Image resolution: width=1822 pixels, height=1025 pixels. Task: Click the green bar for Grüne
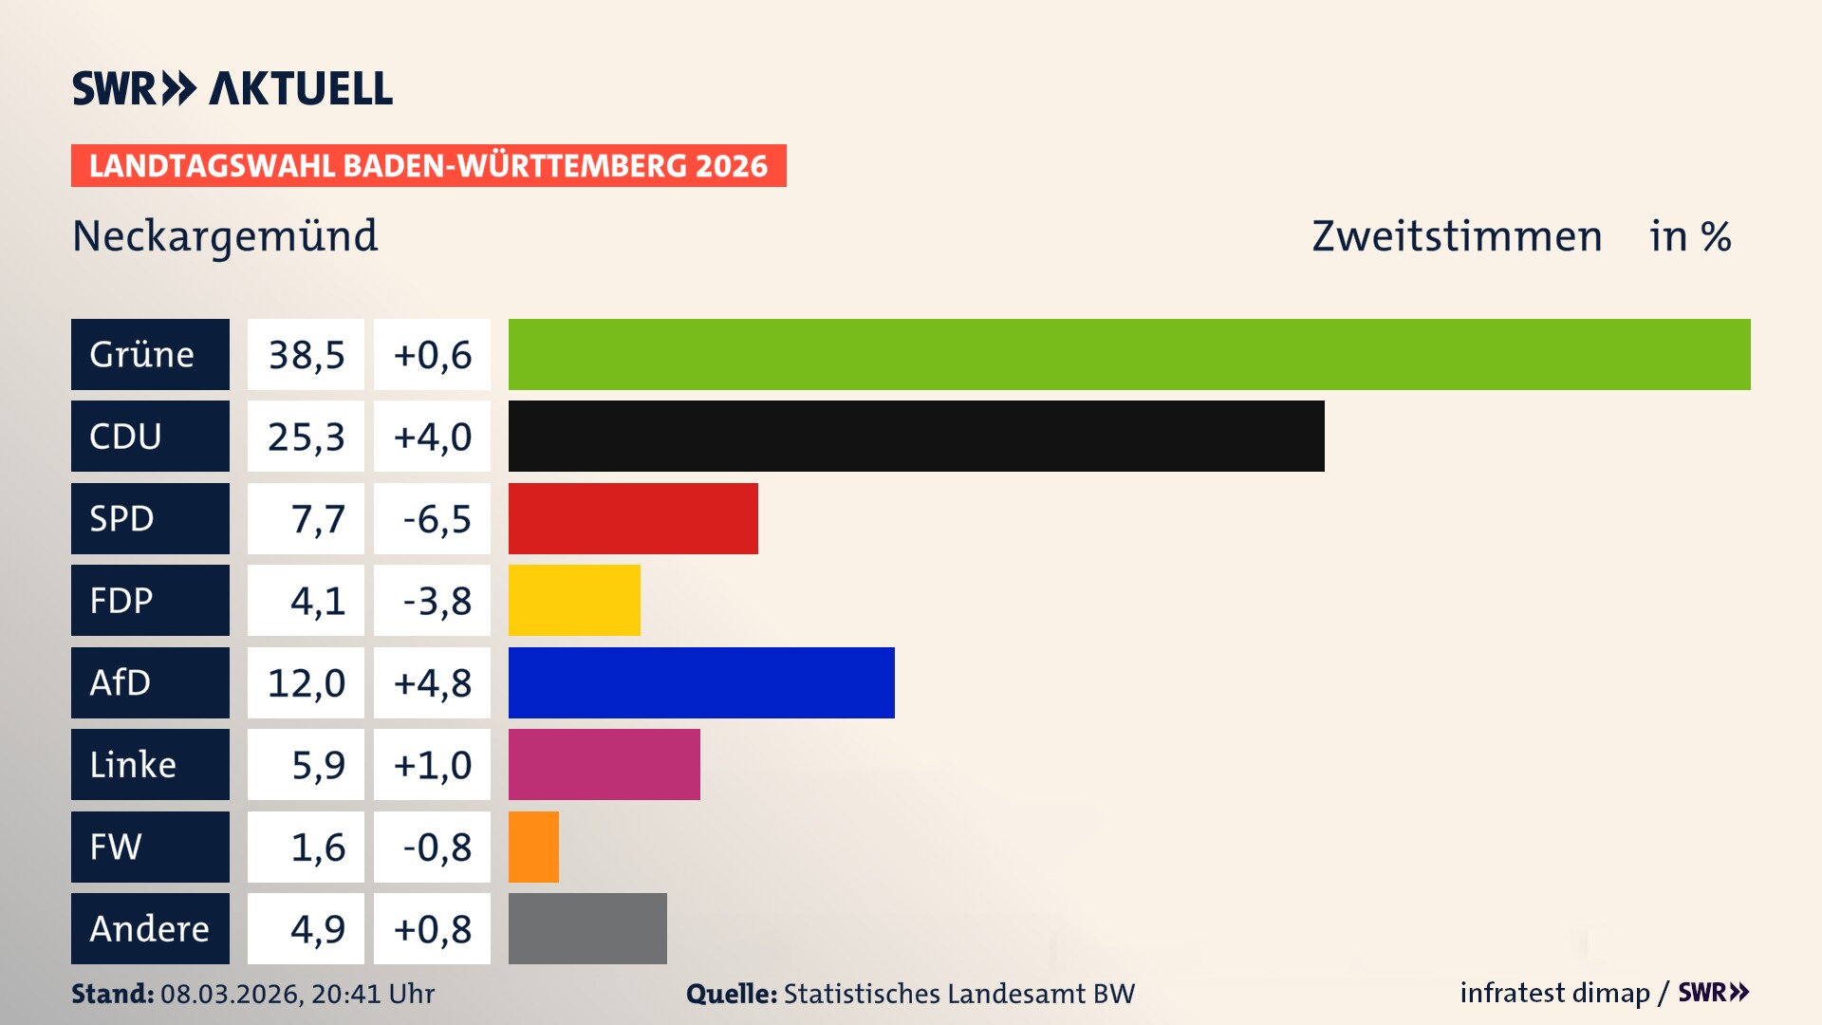tap(1129, 354)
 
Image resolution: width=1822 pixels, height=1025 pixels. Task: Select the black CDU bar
tap(916, 436)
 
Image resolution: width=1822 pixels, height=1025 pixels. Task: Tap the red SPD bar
tap(633, 518)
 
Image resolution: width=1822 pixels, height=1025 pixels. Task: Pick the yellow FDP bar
tap(574, 600)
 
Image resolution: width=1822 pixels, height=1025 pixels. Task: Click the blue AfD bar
tap(701, 682)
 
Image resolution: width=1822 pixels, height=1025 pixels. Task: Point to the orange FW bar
tap(533, 847)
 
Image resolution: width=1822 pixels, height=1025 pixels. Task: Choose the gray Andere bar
tap(587, 928)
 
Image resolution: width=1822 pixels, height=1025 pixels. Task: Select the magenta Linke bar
tap(604, 764)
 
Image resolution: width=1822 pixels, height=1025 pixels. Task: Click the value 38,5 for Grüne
tap(306, 355)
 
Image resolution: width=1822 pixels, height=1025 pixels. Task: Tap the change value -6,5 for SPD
tap(436, 519)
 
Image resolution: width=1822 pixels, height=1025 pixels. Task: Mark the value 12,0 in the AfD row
tap(306, 683)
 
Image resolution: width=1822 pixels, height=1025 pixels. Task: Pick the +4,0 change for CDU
tap(432, 437)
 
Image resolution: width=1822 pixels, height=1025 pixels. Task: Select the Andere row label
tap(150, 928)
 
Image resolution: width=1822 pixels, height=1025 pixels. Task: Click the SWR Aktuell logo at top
tap(232, 88)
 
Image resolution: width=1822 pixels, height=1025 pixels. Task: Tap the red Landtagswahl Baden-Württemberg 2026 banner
tap(428, 165)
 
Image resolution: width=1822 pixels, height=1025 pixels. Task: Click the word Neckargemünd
tap(225, 235)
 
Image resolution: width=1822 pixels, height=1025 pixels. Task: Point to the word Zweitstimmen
tap(1457, 235)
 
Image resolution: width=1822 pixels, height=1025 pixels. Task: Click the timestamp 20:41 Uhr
tap(372, 994)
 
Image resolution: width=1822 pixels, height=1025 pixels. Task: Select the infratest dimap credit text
tap(1554, 993)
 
